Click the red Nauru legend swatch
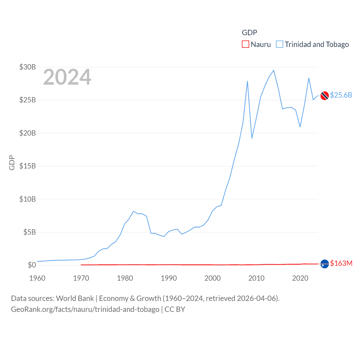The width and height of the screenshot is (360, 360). pos(246,44)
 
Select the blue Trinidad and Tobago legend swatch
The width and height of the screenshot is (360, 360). pos(280,44)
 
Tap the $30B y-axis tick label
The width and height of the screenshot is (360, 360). pos(28,67)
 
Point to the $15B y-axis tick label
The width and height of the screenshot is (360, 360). pos(28,166)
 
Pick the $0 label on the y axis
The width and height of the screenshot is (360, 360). pos(32,265)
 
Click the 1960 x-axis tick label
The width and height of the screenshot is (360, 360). pos(37,278)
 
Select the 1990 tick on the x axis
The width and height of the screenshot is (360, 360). pos(169,278)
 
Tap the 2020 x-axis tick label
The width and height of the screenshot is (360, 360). pos(300,278)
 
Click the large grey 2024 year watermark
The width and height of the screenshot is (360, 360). pos(67,77)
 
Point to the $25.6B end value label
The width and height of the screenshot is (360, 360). pos(341,95)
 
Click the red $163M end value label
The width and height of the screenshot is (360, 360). pos(341,263)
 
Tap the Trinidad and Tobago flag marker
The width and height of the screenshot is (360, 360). pos(325,96)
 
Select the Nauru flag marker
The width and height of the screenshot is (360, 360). pos(325,264)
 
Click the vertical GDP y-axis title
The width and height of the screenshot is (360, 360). pos(12,163)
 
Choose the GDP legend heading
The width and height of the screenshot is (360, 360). pos(249,33)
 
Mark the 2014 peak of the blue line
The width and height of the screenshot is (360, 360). pos(274,70)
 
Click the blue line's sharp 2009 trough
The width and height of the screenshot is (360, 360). pos(252,138)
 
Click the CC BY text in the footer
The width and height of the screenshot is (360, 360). pos(175,309)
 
